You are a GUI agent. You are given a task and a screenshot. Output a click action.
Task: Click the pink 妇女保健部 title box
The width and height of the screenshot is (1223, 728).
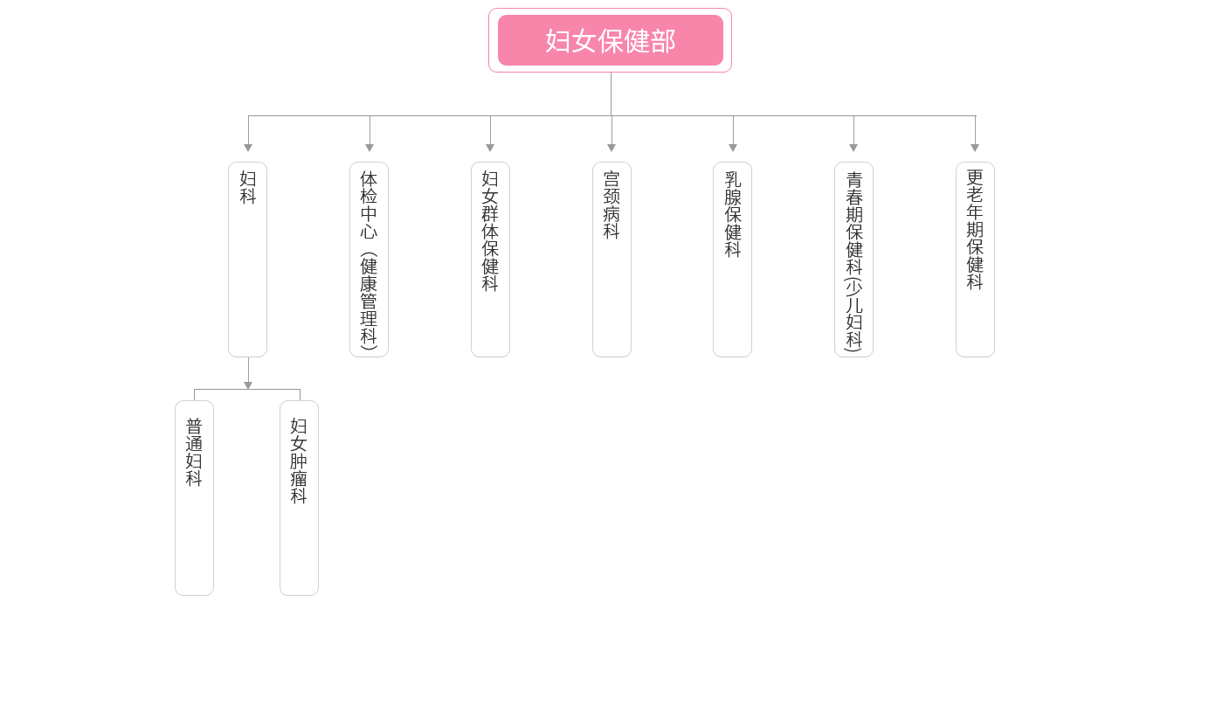(x=610, y=40)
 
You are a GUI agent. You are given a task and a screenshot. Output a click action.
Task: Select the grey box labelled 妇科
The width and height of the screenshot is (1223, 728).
(x=247, y=259)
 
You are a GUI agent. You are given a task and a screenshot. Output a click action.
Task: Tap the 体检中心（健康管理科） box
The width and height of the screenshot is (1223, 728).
(x=369, y=259)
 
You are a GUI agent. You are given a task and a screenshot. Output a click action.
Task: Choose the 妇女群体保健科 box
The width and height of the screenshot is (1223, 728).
(x=490, y=259)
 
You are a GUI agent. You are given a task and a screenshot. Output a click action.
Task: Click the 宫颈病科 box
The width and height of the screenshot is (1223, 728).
(x=611, y=259)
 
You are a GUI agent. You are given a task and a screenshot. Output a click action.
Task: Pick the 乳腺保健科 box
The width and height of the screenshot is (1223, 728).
(x=732, y=259)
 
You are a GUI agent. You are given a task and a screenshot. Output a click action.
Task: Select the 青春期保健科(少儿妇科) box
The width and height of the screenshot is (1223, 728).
(x=853, y=259)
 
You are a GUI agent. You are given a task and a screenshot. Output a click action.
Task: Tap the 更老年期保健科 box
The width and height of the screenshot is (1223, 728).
(x=975, y=259)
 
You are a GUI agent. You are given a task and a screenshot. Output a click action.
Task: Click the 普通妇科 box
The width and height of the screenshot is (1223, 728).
(x=194, y=497)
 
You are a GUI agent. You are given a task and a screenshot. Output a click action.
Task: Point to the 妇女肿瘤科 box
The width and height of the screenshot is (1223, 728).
(x=299, y=497)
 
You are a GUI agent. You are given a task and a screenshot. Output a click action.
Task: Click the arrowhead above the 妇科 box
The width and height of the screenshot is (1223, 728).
(x=248, y=148)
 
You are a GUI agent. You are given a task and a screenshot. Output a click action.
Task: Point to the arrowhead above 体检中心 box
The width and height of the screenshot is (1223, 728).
(x=370, y=148)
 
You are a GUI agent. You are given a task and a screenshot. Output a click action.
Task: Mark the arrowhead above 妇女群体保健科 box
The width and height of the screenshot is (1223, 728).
(x=490, y=148)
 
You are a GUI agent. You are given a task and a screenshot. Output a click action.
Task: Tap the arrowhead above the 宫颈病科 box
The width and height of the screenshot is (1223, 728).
(x=611, y=148)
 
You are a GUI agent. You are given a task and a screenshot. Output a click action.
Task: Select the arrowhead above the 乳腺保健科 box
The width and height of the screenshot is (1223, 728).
(x=733, y=148)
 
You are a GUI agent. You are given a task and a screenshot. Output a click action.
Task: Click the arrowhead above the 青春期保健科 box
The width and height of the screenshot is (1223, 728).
(x=853, y=148)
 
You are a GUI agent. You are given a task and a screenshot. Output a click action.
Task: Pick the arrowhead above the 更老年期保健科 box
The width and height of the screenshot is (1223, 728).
(x=975, y=148)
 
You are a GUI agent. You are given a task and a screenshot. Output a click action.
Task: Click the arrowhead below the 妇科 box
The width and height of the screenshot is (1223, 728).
(x=248, y=385)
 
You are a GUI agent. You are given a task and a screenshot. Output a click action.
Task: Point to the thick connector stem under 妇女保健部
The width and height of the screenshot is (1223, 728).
(x=611, y=94)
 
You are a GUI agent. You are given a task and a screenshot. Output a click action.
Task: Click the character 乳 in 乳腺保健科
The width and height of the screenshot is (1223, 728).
(x=732, y=178)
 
